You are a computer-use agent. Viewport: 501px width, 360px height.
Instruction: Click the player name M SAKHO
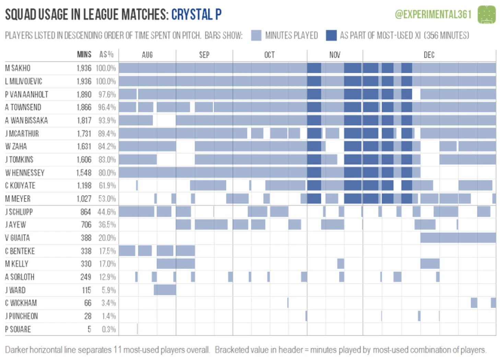[18, 68]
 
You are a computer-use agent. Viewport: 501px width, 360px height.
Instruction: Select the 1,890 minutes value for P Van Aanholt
[84, 94]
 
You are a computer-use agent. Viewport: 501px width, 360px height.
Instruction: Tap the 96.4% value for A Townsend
[107, 107]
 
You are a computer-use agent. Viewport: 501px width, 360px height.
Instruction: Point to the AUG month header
[147, 55]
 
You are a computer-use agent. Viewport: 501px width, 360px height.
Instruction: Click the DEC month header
[429, 55]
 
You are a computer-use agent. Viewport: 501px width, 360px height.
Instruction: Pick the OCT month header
[269, 55]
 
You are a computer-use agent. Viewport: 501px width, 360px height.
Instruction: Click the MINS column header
[84, 55]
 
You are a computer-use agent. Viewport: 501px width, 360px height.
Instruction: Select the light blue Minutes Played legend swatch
[256, 35]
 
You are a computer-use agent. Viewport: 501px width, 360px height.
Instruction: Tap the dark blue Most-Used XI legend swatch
[331, 35]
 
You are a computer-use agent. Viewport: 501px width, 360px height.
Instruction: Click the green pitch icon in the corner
[487, 14]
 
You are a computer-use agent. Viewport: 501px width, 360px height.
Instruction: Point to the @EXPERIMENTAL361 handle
[433, 14]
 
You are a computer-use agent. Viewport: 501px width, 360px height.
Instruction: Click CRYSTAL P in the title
[196, 14]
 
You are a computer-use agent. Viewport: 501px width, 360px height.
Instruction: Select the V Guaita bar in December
[458, 237]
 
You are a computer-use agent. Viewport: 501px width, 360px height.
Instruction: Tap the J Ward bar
[165, 290]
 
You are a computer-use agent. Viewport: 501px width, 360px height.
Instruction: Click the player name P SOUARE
[18, 329]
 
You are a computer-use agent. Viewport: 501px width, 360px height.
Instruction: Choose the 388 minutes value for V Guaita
[86, 238]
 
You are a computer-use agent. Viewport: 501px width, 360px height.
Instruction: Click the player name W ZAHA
[16, 147]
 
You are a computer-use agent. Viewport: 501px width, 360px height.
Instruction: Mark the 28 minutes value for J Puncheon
[88, 316]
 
